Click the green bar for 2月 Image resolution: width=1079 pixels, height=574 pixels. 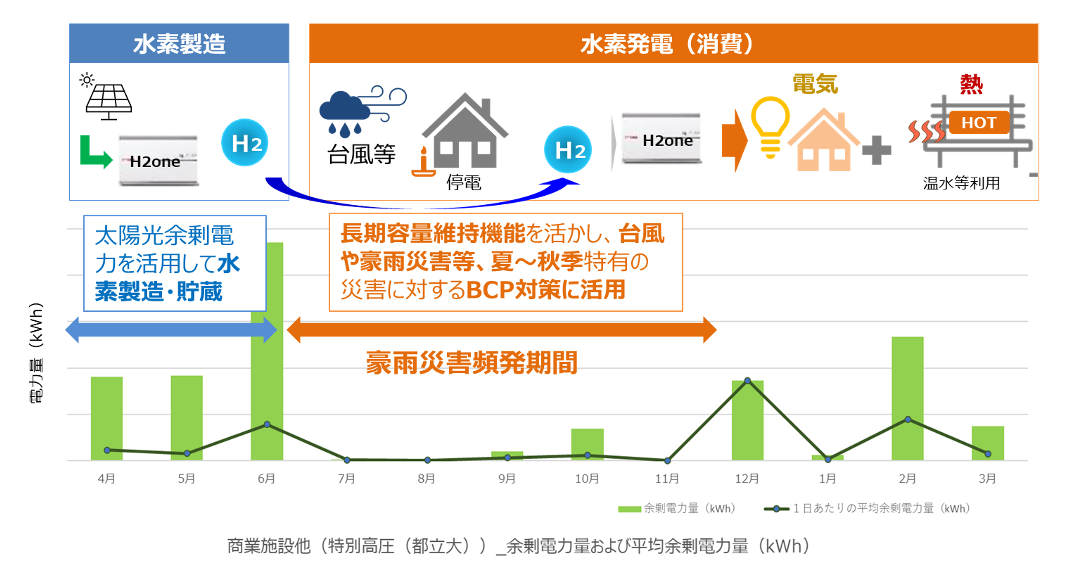tap(907, 398)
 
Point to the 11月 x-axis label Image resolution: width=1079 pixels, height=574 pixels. tap(667, 478)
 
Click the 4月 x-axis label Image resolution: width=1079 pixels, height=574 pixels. tap(106, 478)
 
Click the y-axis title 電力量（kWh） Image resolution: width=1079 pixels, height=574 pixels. tap(36, 352)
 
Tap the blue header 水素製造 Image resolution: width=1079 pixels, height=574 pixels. tap(179, 43)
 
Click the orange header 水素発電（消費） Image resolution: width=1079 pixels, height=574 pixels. tap(674, 43)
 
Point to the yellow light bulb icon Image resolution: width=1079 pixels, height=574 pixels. tap(770, 127)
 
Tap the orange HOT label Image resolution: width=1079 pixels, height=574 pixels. tap(979, 122)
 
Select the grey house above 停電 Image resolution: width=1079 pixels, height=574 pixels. tap(465, 130)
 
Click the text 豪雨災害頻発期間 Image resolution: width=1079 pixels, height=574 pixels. tap(472, 362)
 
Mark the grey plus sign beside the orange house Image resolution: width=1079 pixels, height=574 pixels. tap(876, 150)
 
